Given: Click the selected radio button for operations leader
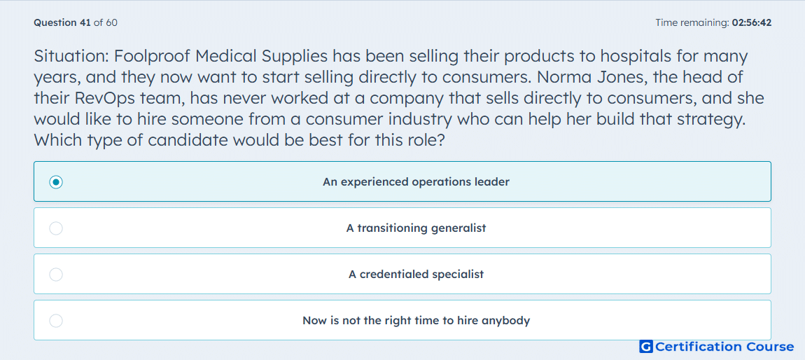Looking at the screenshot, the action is tap(56, 182).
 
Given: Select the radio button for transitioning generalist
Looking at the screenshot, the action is tap(56, 228).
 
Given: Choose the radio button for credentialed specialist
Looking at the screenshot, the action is tap(56, 275).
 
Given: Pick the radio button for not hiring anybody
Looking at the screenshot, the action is tap(56, 321).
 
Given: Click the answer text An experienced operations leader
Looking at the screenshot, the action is tap(416, 182).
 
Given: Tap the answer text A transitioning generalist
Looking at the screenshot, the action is tap(416, 228).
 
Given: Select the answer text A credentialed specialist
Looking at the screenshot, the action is tap(416, 275).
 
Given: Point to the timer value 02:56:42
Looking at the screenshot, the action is tap(751, 22).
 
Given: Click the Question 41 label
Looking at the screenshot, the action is tap(62, 22).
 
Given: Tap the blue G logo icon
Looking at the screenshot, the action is tap(646, 347).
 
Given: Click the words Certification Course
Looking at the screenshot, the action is tap(724, 347).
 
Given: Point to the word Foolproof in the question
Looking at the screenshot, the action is tap(153, 56).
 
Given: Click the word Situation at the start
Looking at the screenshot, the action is tap(72, 55).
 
